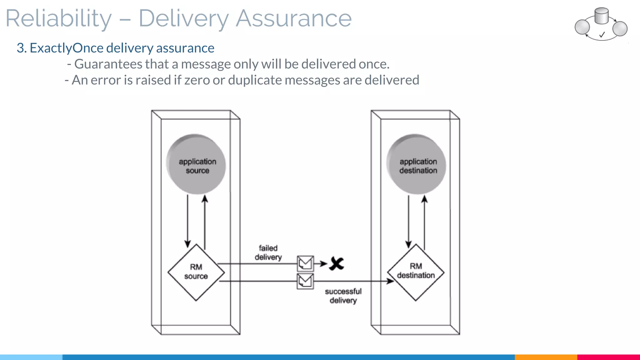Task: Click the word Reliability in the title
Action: point(58,19)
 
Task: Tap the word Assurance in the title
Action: point(293,19)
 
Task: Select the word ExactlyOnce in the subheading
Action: point(66,48)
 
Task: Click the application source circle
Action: point(196,165)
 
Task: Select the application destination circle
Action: point(417,165)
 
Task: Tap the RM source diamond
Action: point(196,272)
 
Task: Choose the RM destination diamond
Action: point(416,272)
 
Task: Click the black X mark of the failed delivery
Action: point(337,264)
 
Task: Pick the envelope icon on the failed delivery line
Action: point(305,263)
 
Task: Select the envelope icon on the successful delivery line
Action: point(305,281)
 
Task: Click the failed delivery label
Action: point(268,252)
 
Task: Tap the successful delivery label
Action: point(343,296)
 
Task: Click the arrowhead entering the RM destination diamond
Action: point(391,281)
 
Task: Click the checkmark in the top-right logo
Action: point(602,35)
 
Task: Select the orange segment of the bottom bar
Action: point(546,357)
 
